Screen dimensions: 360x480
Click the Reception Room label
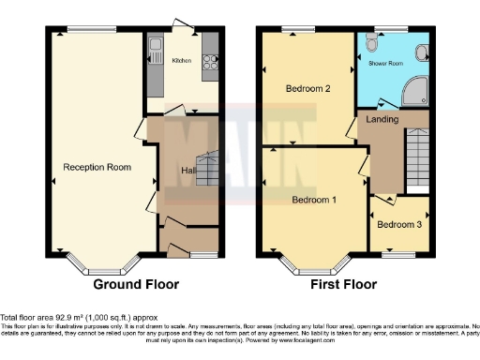tap(97, 167)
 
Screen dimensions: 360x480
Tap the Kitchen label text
tap(181, 59)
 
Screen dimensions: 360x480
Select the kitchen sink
tap(156, 48)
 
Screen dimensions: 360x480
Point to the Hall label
tap(188, 170)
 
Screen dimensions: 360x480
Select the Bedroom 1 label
tap(315, 200)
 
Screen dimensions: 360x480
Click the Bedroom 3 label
tap(399, 225)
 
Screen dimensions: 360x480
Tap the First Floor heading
tap(344, 284)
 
